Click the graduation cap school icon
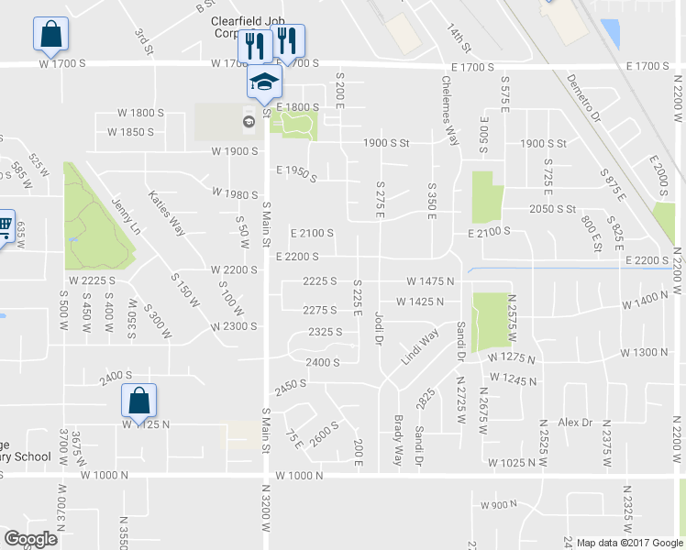click(264, 81)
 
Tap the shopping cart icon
click(5, 225)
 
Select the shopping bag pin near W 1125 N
click(138, 401)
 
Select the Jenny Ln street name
click(125, 214)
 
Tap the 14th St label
click(459, 39)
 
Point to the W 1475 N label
click(430, 281)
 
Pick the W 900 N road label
click(499, 505)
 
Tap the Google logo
click(30, 539)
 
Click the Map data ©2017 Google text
click(630, 543)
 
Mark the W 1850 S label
click(130, 132)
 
